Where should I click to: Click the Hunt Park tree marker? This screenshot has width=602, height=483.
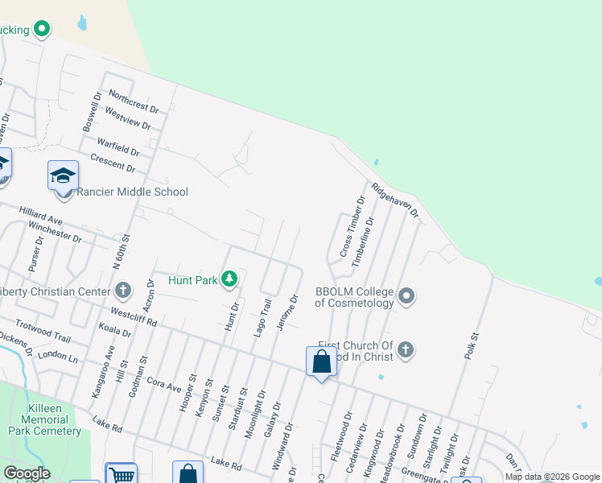229,279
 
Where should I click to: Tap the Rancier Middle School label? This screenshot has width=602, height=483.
132,192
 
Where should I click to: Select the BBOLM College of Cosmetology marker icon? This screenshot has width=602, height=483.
406,296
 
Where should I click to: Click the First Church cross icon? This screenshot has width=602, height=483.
406,349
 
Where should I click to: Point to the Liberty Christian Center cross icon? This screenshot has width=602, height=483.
122,290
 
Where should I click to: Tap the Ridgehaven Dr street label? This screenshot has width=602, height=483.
395,199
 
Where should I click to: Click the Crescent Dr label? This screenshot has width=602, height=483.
113,162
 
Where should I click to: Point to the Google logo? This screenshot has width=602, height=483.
27,473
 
